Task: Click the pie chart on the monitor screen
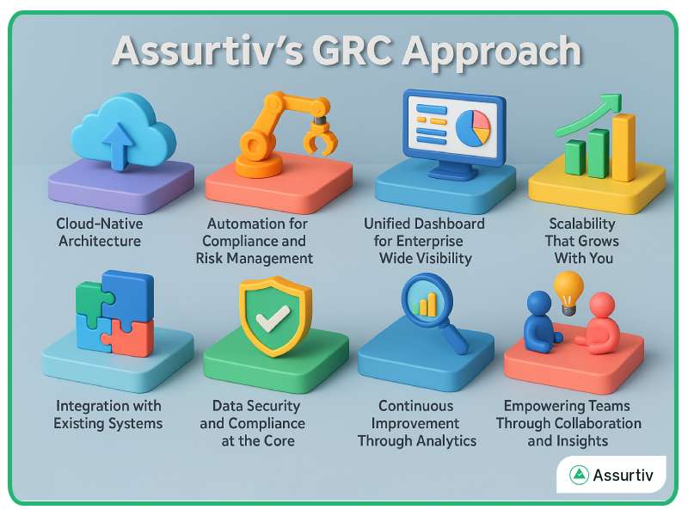click(x=471, y=127)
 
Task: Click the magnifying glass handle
click(x=454, y=340)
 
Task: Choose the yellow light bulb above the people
click(x=568, y=286)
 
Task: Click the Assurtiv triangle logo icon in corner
click(x=579, y=475)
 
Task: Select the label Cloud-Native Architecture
click(x=99, y=232)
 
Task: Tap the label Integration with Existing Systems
click(x=108, y=415)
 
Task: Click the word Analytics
click(x=444, y=441)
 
